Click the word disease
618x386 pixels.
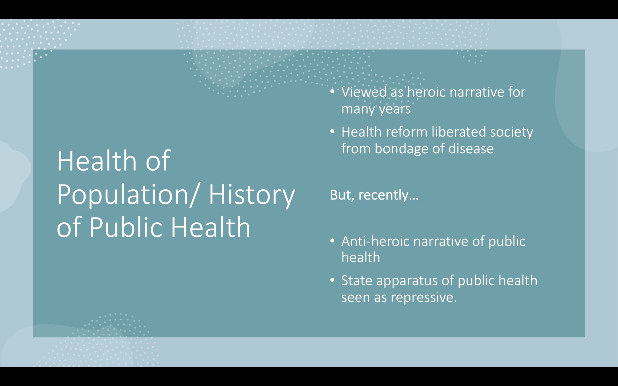pyautogui.click(x=471, y=149)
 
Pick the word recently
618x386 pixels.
pyautogui.click(x=388, y=195)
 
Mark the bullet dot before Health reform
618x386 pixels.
pyautogui.click(x=332, y=131)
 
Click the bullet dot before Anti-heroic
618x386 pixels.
pyautogui.click(x=332, y=241)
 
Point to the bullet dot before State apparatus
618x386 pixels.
pyautogui.click(x=332, y=280)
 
